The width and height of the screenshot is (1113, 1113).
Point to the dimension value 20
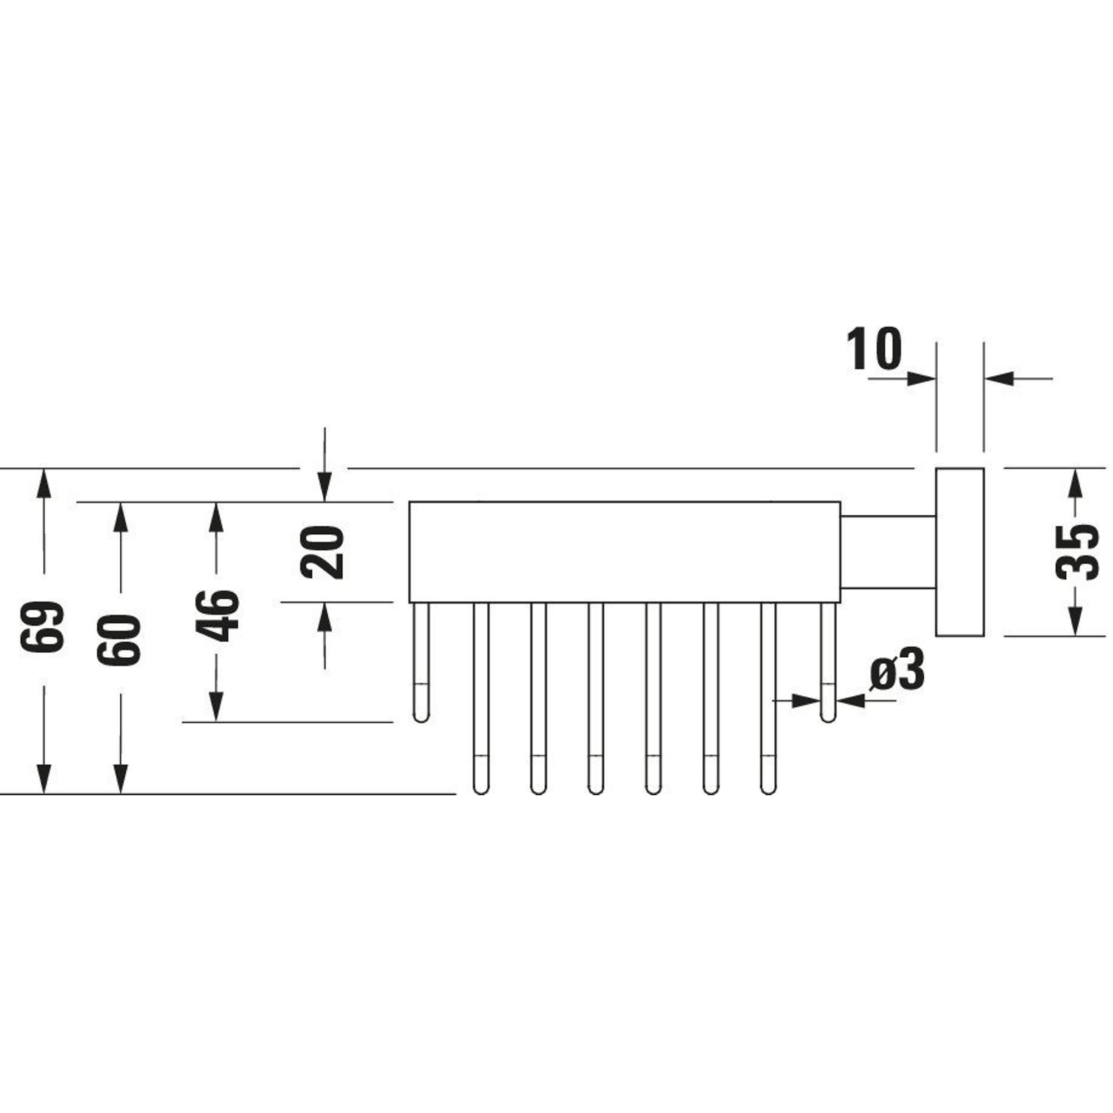pos(323,552)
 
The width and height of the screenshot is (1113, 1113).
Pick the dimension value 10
pos(873,348)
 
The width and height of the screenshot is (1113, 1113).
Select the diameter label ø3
pos(897,669)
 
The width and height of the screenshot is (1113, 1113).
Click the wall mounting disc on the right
pos(959,552)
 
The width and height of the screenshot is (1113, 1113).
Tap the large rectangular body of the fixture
pos(624,552)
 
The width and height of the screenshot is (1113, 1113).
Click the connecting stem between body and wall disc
pos(888,553)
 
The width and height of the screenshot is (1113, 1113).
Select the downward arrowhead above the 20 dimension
pos(324,487)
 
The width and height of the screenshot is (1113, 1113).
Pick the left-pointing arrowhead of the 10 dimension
pos(999,378)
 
